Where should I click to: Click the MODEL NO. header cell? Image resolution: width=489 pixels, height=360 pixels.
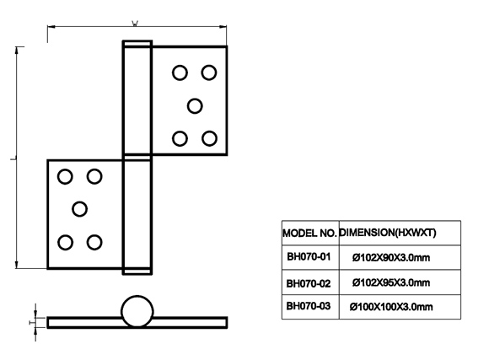[x=310, y=233]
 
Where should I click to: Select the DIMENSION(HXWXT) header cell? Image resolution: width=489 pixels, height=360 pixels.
[x=400, y=233]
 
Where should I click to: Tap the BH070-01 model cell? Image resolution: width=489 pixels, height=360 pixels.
[x=310, y=257]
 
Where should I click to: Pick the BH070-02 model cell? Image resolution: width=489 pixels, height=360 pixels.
[x=310, y=282]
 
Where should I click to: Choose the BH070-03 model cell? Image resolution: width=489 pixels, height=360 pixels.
[x=310, y=307]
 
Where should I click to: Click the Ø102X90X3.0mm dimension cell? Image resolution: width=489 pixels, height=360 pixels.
[x=400, y=257]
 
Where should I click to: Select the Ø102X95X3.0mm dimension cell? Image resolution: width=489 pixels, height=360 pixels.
[x=400, y=282]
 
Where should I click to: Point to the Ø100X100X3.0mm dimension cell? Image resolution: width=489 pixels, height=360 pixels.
[x=400, y=307]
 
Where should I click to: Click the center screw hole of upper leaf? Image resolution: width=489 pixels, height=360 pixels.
[x=195, y=106]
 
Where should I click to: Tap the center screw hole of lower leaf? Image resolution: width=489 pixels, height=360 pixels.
[x=79, y=209]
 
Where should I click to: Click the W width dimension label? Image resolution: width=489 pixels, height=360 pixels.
[x=135, y=23]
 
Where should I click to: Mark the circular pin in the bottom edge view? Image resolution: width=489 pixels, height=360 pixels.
[x=137, y=311]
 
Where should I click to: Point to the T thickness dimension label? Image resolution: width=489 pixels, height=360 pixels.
[x=30, y=322]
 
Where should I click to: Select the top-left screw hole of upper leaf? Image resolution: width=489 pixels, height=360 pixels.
[x=180, y=73]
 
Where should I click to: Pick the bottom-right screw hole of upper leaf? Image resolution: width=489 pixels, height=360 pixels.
[x=209, y=138]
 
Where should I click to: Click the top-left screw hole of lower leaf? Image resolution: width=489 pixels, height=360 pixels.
[x=65, y=176]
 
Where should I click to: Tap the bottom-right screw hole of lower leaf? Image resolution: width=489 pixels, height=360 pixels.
[x=94, y=243]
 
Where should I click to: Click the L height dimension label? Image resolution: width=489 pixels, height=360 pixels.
[x=13, y=159]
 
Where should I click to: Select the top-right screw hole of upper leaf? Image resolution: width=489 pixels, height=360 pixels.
[x=209, y=73]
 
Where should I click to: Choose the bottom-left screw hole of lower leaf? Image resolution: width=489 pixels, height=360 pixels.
[x=66, y=243]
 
